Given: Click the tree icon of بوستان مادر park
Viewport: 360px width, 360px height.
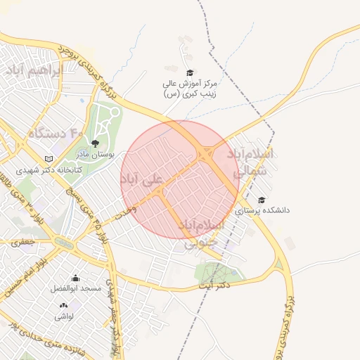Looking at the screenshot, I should point(95,143).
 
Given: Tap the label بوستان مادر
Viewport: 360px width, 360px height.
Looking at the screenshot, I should point(94,154).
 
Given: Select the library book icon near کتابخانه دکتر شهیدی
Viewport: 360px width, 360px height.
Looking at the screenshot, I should point(49,159).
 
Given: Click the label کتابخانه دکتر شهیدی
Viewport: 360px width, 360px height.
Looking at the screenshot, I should point(44,170).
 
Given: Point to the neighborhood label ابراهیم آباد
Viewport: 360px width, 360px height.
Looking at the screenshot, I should point(33,71).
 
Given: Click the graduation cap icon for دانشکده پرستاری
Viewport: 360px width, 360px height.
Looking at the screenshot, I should point(262,200).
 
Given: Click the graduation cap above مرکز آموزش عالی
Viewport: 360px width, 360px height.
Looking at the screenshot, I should point(189,72).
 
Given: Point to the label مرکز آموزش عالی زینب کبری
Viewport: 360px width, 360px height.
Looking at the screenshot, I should point(189,88).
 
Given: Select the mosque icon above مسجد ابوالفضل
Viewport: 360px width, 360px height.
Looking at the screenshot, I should point(76,278).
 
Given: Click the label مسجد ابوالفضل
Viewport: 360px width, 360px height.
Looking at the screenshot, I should point(76,288).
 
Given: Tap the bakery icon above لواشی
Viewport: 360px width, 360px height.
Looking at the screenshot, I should point(64,305).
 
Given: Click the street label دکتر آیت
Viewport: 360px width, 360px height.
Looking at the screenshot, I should point(214,286).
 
